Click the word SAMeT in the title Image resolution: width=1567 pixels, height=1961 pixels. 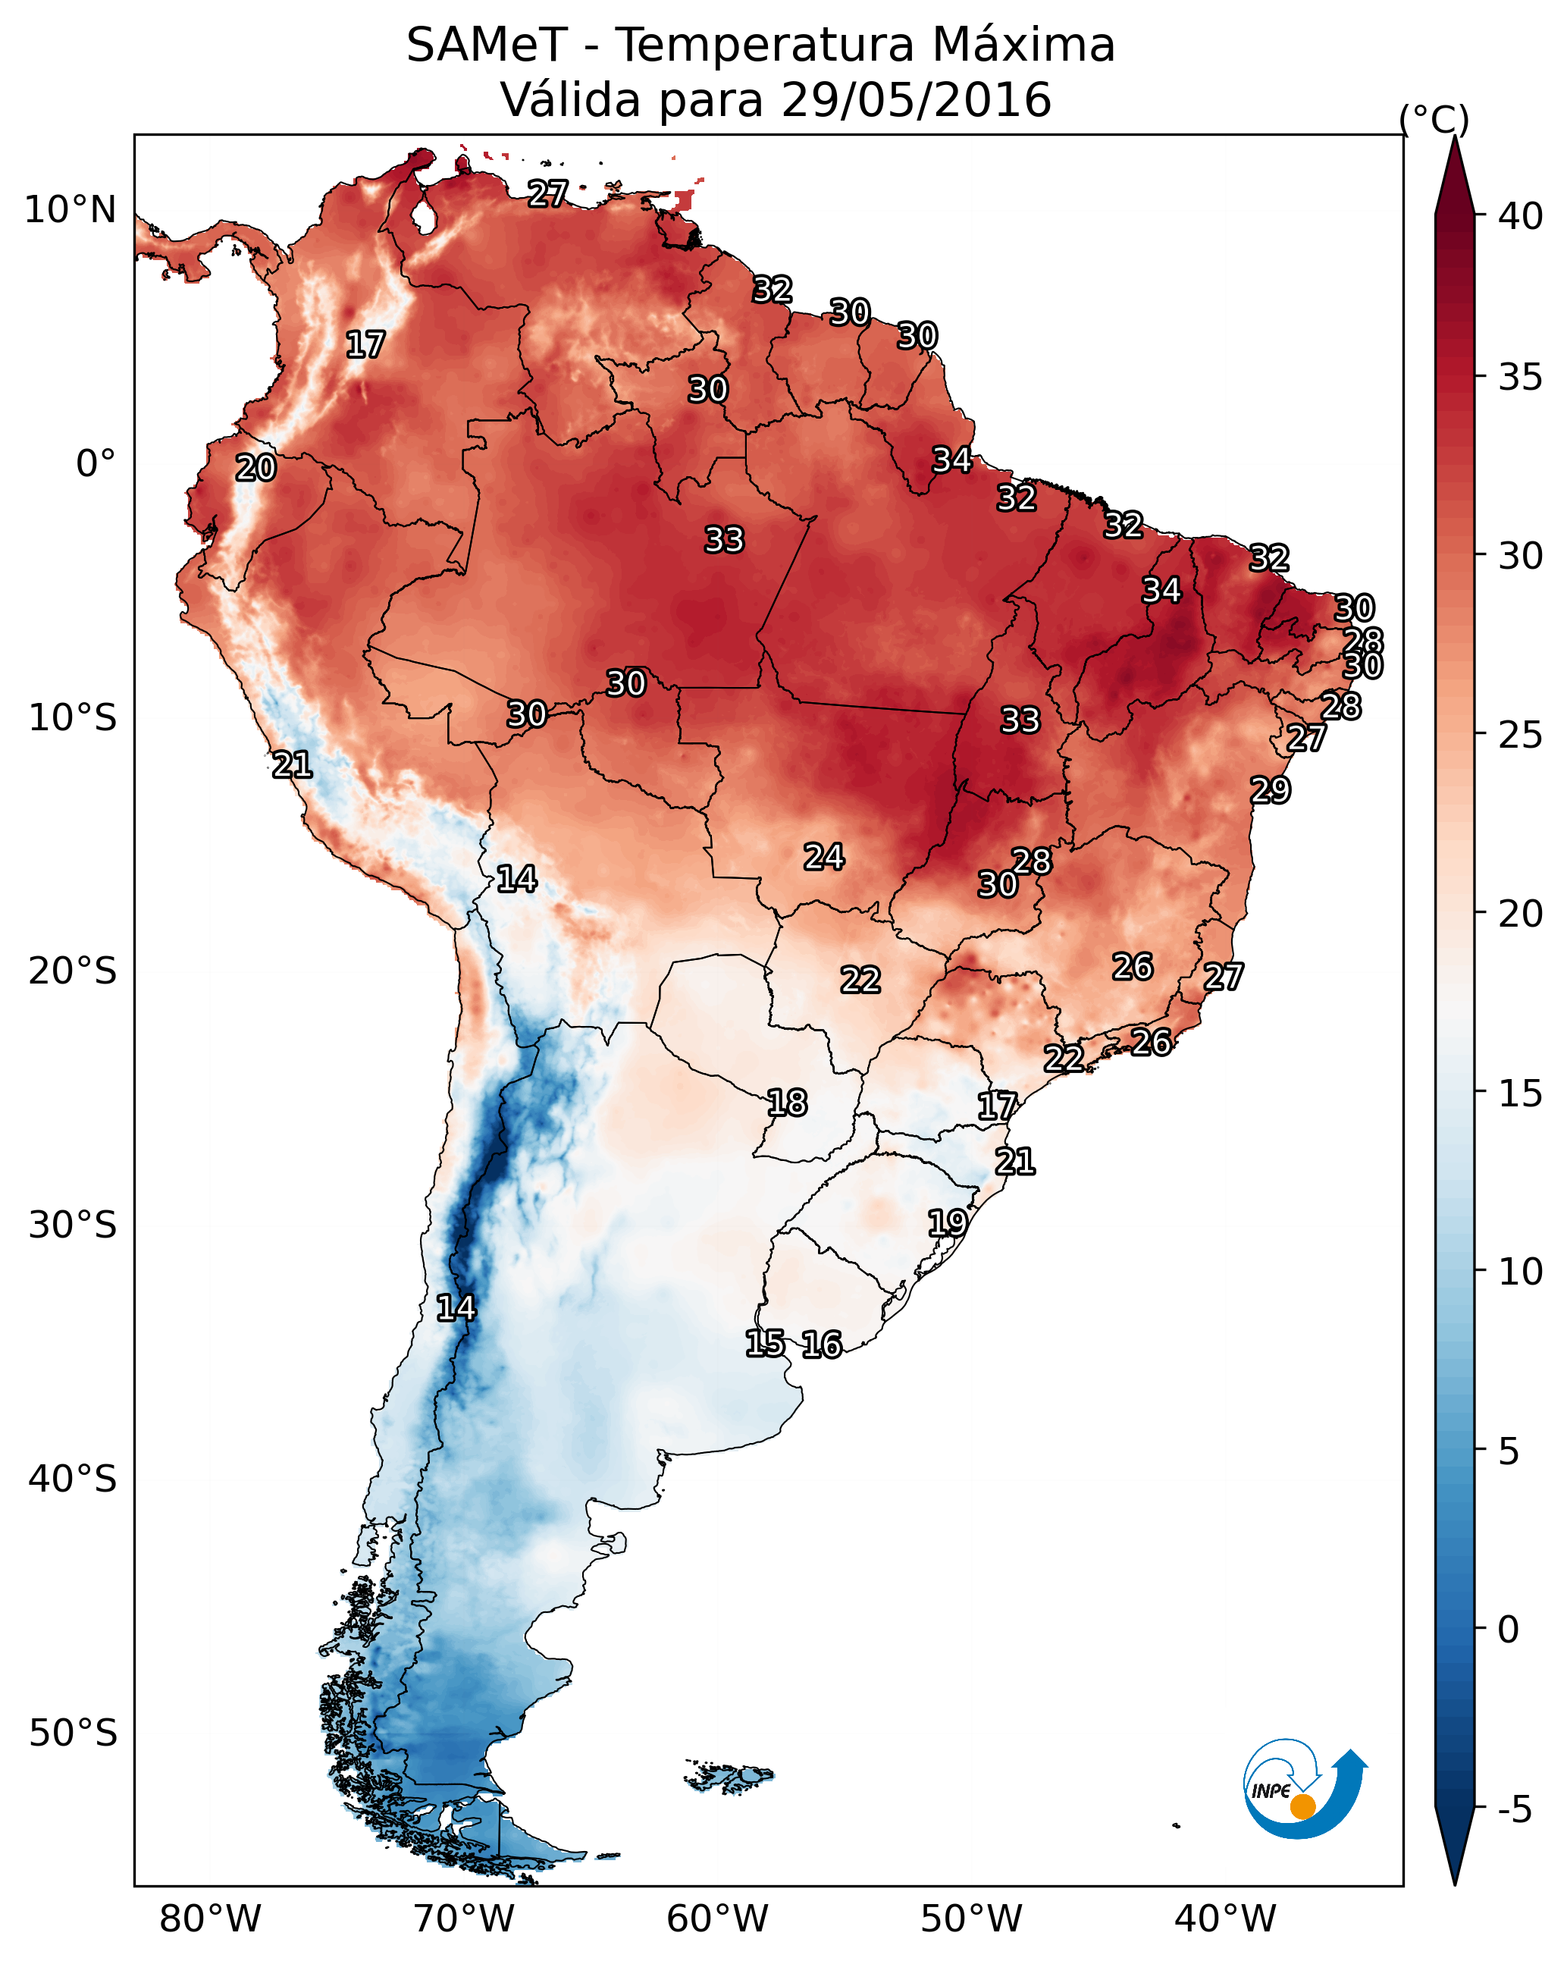click(487, 45)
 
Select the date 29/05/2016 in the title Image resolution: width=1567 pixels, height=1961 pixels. click(916, 100)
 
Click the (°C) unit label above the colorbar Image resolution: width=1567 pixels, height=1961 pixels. click(1434, 119)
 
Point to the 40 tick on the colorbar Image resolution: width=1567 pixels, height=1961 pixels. click(1521, 216)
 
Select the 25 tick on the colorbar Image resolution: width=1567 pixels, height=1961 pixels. click(1521, 735)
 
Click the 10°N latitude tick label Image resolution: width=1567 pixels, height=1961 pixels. click(70, 210)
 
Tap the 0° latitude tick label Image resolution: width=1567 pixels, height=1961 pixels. click(96, 464)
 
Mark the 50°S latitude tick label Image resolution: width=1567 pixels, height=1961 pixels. click(73, 1734)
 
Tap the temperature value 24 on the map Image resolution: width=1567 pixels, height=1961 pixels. click(824, 857)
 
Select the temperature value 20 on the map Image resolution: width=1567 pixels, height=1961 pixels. click(255, 469)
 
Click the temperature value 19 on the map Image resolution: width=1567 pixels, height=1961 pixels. click(947, 1222)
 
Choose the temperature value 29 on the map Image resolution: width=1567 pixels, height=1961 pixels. click(1270, 789)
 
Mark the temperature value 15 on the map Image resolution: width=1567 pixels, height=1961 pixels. click(765, 1344)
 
